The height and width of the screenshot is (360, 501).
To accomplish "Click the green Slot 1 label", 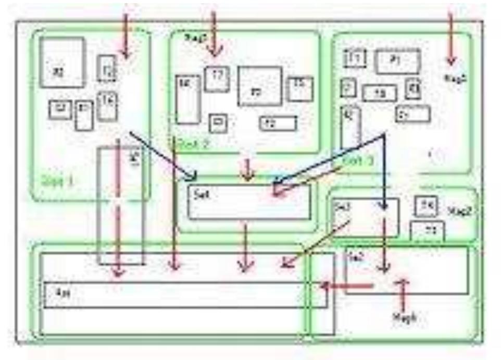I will pyautogui.click(x=57, y=182).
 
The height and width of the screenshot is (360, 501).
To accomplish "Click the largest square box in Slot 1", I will pyautogui.click(x=62, y=63).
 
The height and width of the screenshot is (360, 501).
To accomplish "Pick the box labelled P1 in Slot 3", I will pyautogui.click(x=397, y=61).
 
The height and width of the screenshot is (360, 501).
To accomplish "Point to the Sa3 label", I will pyautogui.click(x=342, y=206).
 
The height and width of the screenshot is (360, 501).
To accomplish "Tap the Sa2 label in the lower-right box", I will pyautogui.click(x=356, y=257).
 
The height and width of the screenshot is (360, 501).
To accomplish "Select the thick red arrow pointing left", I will pyautogui.click(x=347, y=285).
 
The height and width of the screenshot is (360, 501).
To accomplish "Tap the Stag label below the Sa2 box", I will pyautogui.click(x=404, y=317).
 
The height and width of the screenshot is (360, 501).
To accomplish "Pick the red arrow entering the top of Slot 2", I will pyautogui.click(x=214, y=34).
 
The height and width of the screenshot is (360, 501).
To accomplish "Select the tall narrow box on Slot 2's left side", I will pyautogui.click(x=187, y=100).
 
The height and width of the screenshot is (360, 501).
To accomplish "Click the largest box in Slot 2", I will pyautogui.click(x=259, y=86).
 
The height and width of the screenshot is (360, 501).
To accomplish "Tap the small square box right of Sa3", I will pyautogui.click(x=427, y=206).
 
